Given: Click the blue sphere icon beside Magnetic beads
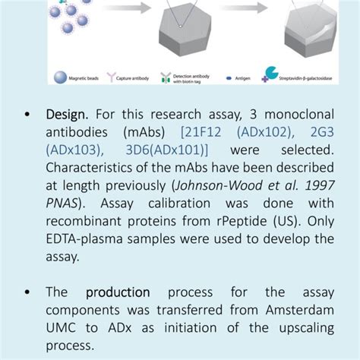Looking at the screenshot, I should (58, 77).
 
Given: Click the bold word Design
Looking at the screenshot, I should (68, 115).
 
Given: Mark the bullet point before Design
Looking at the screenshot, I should (27, 115).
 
